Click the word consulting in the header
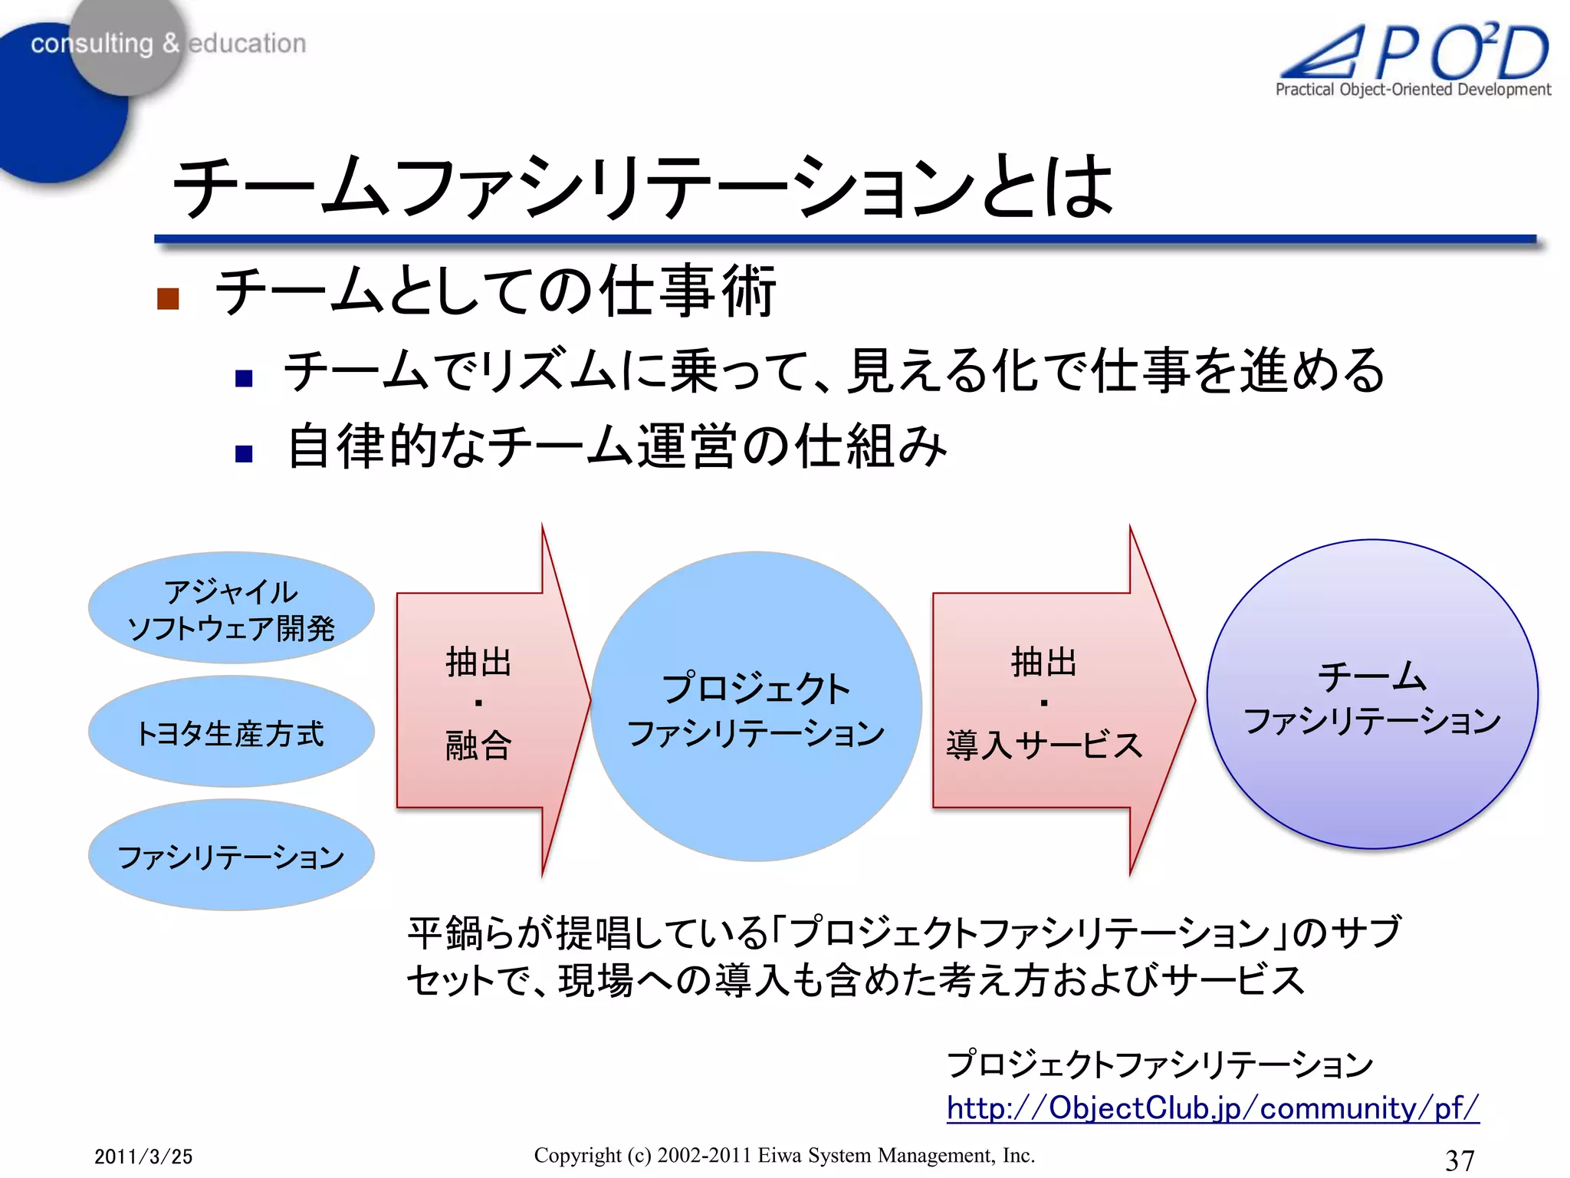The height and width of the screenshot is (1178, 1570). tap(92, 44)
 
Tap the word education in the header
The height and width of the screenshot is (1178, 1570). tap(247, 44)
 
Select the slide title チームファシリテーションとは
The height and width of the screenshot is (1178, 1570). tap(642, 187)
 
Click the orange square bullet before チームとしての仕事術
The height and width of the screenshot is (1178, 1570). tap(168, 298)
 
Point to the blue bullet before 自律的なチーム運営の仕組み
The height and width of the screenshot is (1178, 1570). tap(244, 453)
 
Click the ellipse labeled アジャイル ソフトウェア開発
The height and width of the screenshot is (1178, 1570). tap(231, 607)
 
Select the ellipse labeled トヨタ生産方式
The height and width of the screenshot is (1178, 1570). tap(231, 732)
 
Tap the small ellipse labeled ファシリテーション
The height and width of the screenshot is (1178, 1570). tap(231, 855)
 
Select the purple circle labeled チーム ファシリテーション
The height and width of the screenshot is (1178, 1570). tap(1371, 695)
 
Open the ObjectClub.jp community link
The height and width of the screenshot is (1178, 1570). tap(1212, 1108)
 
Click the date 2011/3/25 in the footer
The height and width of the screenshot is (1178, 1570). tap(143, 1157)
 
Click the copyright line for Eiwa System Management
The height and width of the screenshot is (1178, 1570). tap(784, 1155)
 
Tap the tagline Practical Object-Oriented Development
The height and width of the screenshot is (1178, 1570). tap(1412, 90)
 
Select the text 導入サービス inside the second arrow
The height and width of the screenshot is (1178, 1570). tap(1044, 745)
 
